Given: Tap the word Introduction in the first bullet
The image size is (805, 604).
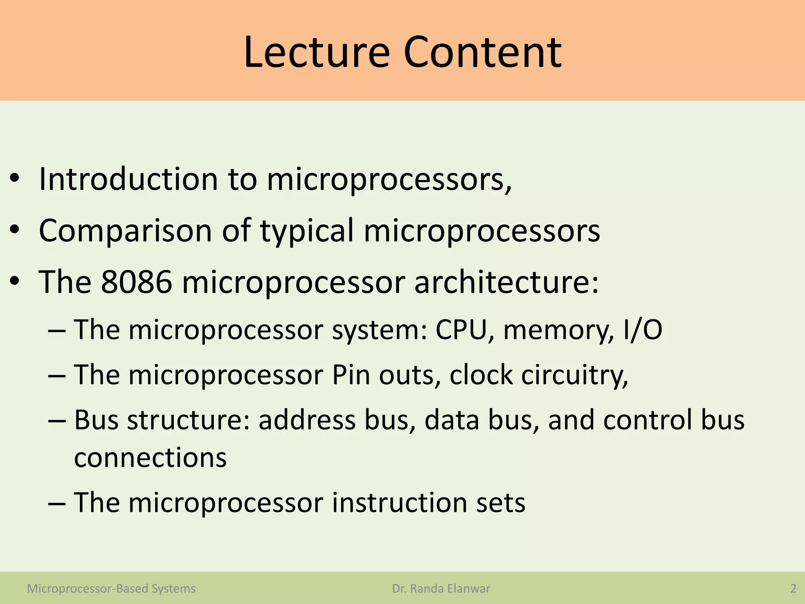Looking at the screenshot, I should [x=128, y=179].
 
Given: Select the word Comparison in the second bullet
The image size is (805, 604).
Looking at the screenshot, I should [x=125, y=231].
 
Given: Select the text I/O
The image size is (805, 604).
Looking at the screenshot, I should [x=642, y=330].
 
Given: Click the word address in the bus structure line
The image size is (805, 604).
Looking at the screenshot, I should [x=307, y=420].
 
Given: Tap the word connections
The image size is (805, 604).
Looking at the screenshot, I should [x=150, y=458].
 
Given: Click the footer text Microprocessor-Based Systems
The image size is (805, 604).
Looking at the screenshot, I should [x=111, y=589].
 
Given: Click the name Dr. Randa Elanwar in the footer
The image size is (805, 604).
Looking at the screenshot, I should [x=441, y=589].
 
